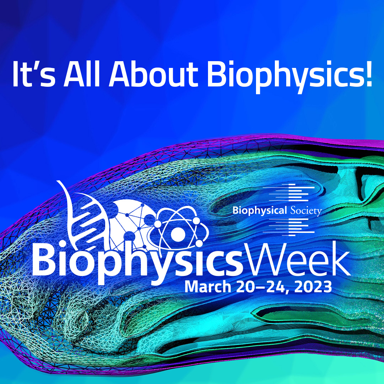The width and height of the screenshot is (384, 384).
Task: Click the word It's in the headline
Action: click(33, 74)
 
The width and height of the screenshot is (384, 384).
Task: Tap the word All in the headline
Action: click(82, 74)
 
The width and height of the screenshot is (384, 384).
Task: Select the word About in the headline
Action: click(153, 74)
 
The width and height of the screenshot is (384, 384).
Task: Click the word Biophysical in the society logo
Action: click(259, 210)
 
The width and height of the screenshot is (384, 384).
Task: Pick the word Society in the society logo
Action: click(306, 210)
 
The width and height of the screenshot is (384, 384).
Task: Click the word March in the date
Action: click(208, 287)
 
